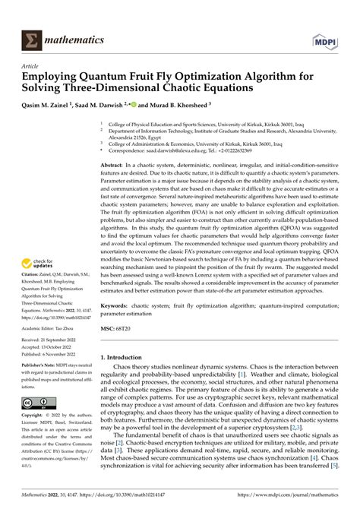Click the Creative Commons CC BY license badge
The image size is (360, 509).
tap(30, 402)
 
